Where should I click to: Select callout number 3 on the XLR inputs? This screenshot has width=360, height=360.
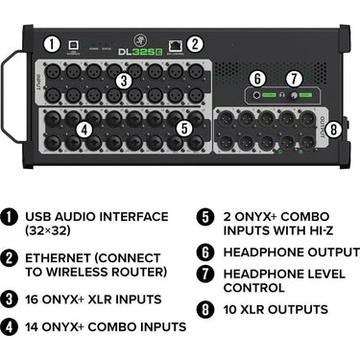coord(124,81)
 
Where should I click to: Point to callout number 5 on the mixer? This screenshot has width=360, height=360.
coord(183,127)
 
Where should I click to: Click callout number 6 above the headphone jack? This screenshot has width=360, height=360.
coord(256,78)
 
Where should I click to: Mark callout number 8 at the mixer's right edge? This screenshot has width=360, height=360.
coord(332,128)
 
